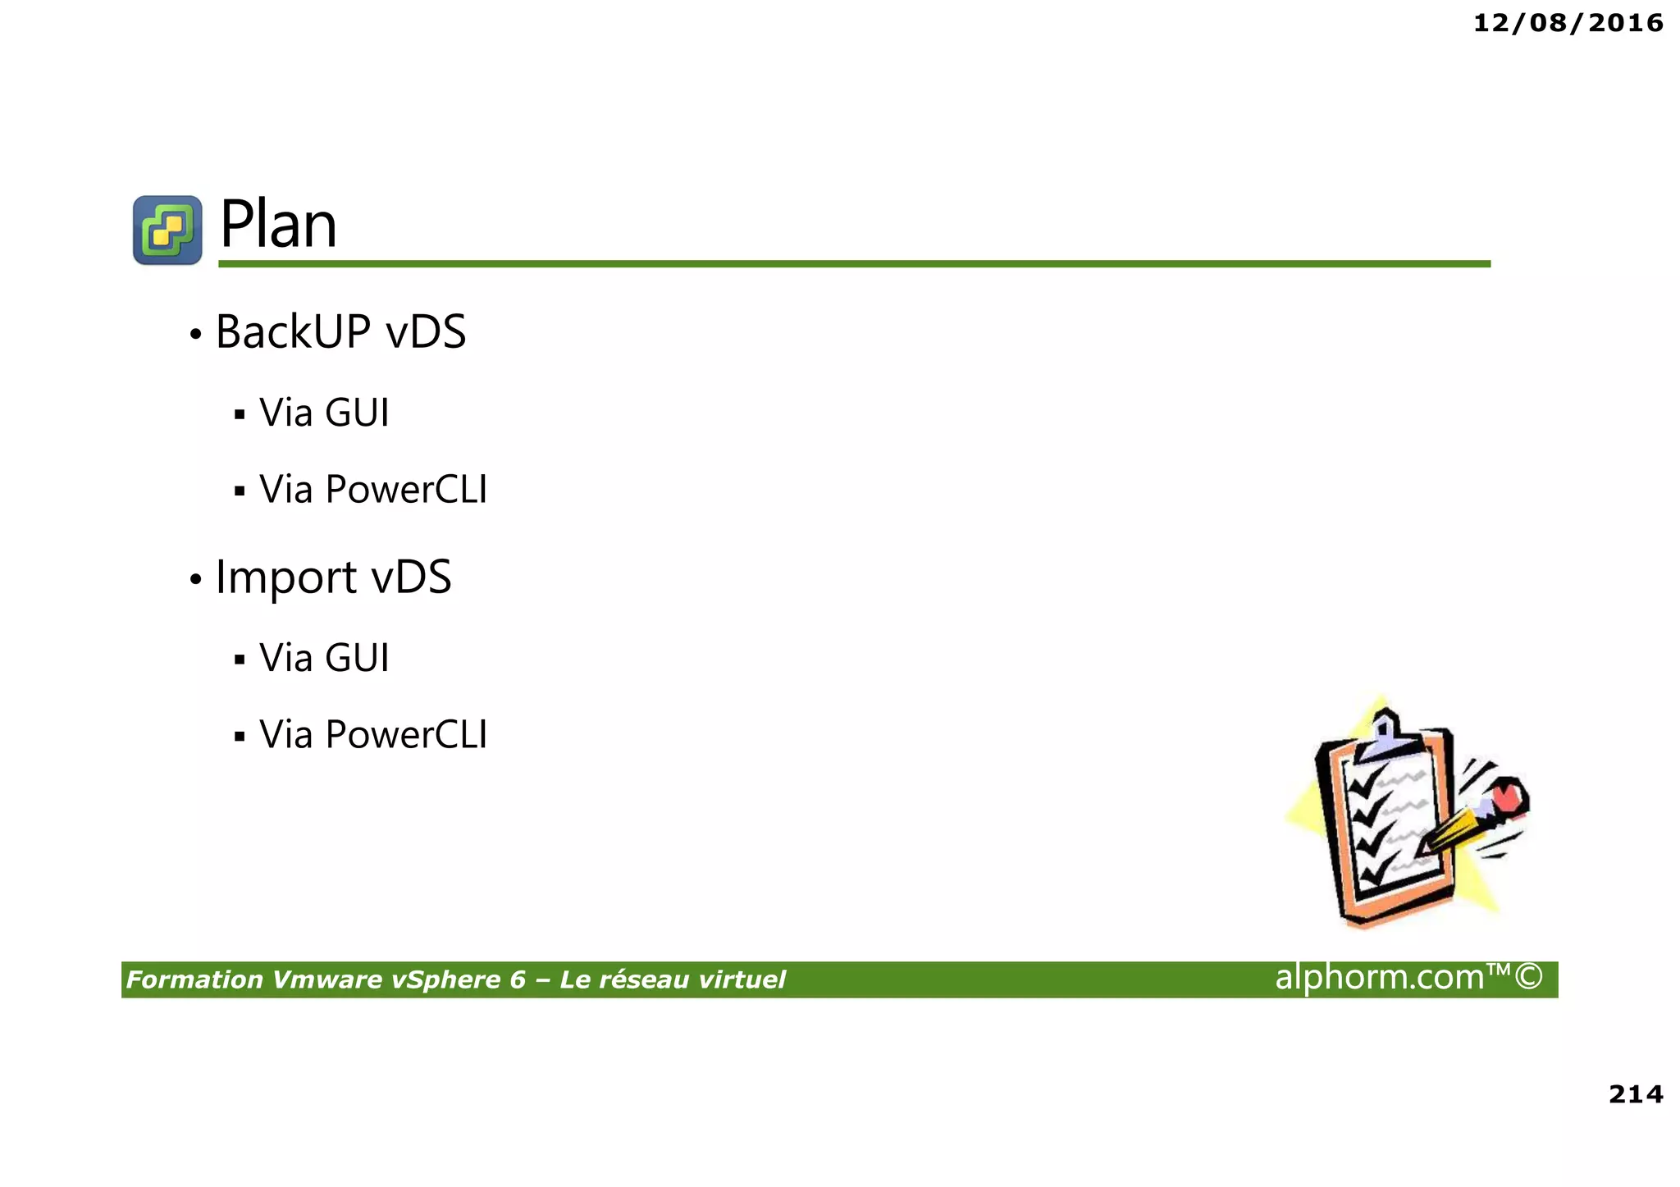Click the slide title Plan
point(278,226)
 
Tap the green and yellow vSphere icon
point(167,230)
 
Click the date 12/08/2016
point(1568,23)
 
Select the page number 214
point(1636,1093)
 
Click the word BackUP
point(293,332)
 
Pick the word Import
point(285,577)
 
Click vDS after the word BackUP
point(426,332)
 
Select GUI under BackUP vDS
point(357,413)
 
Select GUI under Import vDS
point(357,658)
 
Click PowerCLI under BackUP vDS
point(406,490)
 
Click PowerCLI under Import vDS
point(406,734)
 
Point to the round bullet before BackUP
point(195,335)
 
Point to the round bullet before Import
point(195,580)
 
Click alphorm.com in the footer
point(1380,977)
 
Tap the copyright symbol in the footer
point(1528,977)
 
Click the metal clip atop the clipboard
point(1386,734)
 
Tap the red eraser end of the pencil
point(1508,797)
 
